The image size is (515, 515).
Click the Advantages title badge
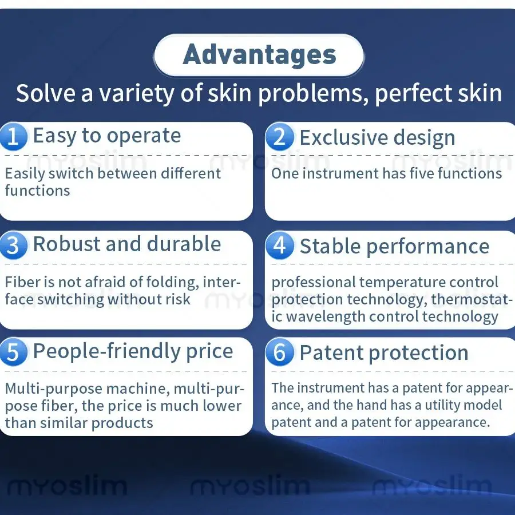259,55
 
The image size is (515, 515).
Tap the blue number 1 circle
13,136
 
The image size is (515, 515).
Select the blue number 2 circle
279,137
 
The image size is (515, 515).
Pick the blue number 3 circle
13,245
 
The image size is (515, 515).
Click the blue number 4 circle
279,245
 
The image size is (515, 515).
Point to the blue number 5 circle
13,352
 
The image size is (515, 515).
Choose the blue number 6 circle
279,352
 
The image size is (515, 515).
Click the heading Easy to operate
107,136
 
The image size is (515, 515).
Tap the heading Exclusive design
378,138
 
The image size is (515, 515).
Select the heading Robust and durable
127,244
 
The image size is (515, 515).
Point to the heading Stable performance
394,247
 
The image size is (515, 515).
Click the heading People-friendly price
133,352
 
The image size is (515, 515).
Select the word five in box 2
422,173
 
